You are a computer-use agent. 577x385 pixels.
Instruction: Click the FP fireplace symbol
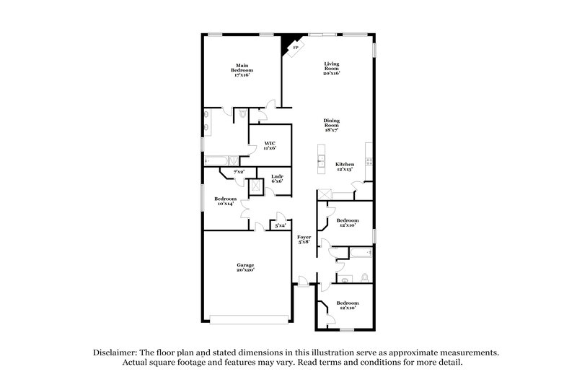pos(294,48)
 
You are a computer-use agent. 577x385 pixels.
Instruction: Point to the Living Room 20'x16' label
pos(331,69)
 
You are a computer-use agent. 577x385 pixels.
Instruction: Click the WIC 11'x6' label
pos(270,145)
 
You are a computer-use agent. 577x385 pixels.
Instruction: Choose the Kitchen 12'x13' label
pos(345,166)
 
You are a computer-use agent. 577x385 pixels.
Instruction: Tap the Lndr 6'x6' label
pos(277,178)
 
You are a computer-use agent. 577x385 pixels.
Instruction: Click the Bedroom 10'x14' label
pos(225,201)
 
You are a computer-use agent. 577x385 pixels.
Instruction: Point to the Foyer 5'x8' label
pos(304,239)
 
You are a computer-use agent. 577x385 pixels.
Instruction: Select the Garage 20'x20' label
pos(245,268)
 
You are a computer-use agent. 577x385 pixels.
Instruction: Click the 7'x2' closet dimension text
pos(238,171)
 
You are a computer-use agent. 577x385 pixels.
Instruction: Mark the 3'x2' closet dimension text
pos(280,225)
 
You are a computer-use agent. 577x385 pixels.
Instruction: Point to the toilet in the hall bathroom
pos(364,276)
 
